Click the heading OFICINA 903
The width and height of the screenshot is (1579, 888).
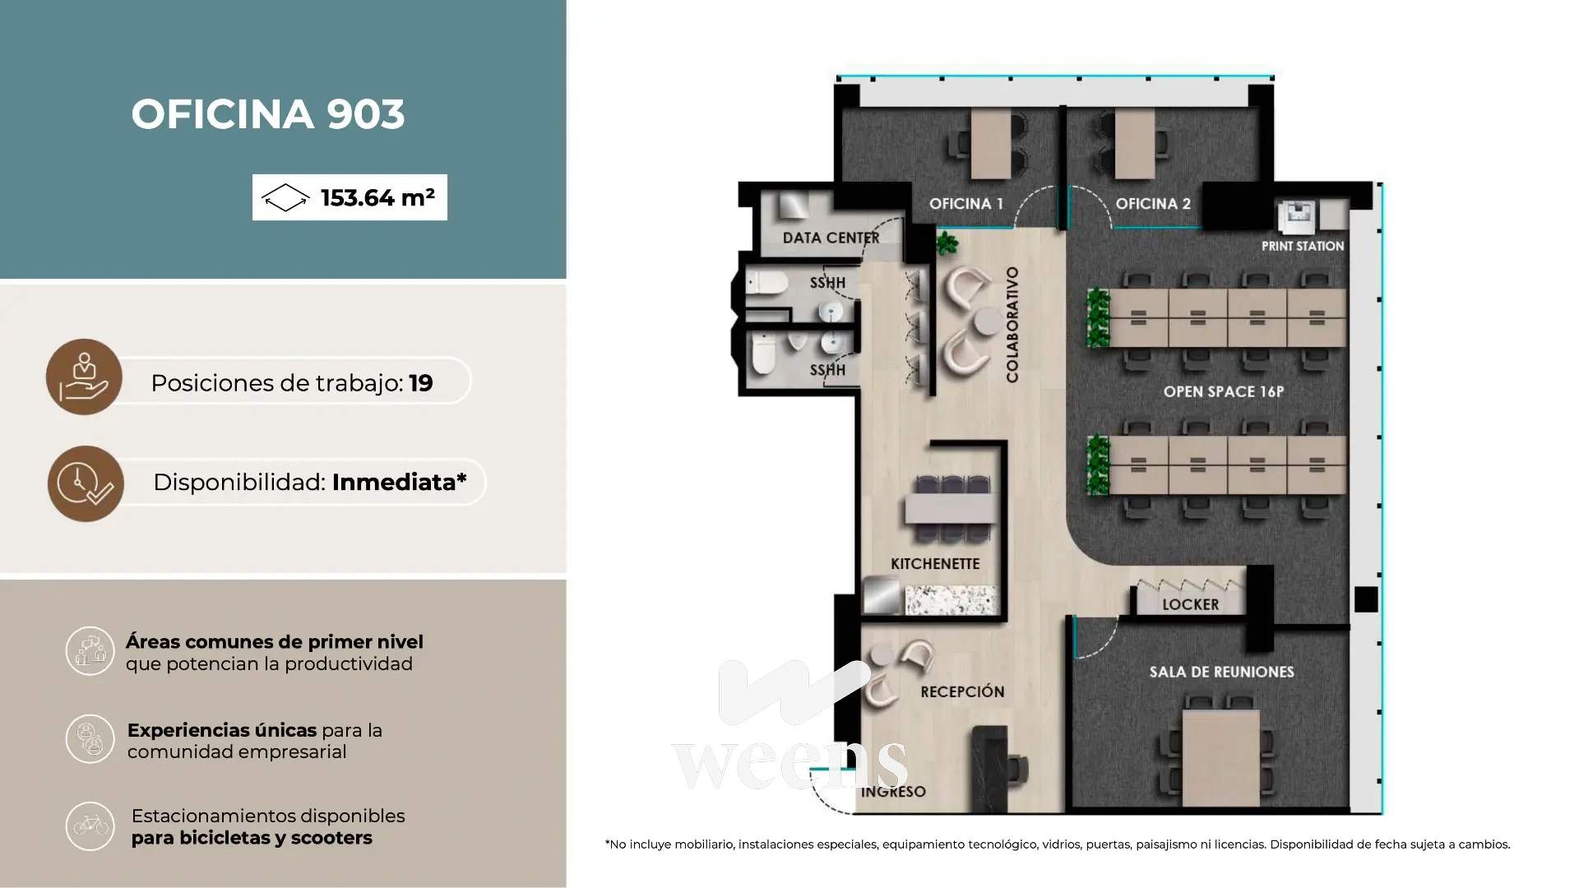(268, 114)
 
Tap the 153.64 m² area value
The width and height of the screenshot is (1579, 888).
(377, 197)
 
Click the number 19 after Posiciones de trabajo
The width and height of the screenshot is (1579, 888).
(421, 383)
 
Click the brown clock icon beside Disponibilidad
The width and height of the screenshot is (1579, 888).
(86, 483)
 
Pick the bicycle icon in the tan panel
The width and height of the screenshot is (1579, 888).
(90, 826)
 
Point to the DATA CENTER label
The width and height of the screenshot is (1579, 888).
(831, 238)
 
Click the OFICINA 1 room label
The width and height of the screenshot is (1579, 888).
(966, 204)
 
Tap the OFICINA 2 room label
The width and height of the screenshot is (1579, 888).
(1153, 204)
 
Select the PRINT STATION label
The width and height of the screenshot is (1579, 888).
(1303, 246)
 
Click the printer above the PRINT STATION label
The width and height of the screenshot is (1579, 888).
(1297, 216)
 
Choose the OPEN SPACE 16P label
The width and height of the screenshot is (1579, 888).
(1224, 392)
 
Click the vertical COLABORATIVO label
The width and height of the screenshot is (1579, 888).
(1012, 324)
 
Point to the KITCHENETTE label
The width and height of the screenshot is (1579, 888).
(935, 564)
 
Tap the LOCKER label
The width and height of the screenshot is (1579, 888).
(1191, 605)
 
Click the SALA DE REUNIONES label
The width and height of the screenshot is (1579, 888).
(1222, 672)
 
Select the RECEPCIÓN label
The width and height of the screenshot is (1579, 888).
(962, 692)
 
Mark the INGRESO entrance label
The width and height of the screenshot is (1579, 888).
(893, 792)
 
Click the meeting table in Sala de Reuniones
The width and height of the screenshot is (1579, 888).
(1221, 758)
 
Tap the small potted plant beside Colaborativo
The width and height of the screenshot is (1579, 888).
(947, 243)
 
